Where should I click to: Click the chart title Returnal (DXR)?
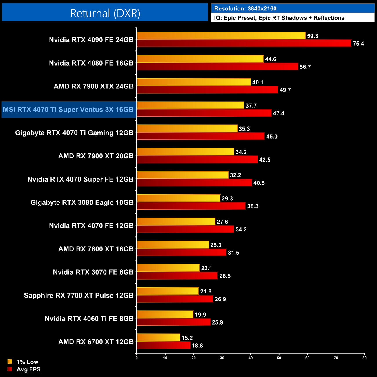(x=105, y=13)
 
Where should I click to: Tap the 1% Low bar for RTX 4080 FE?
(x=200, y=59)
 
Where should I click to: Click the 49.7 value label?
(x=285, y=90)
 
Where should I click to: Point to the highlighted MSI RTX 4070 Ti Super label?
(x=68, y=110)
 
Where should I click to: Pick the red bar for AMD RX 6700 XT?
(x=164, y=345)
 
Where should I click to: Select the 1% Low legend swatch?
(x=10, y=362)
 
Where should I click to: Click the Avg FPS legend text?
(x=28, y=369)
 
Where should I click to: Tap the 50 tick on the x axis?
(x=279, y=358)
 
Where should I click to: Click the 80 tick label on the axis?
(x=364, y=358)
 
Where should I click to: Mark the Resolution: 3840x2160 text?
(x=245, y=9)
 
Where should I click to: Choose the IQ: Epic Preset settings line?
(x=279, y=18)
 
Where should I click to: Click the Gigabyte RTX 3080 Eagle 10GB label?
(x=82, y=202)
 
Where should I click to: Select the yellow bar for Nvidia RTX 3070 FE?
(x=168, y=268)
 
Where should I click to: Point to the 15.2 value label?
(x=187, y=338)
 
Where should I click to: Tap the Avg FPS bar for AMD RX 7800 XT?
(x=182, y=253)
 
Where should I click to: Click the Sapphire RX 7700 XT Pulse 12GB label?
(x=79, y=295)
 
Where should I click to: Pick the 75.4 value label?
(x=358, y=44)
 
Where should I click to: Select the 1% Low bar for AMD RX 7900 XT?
(x=185, y=152)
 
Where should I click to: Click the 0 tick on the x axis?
(x=137, y=358)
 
